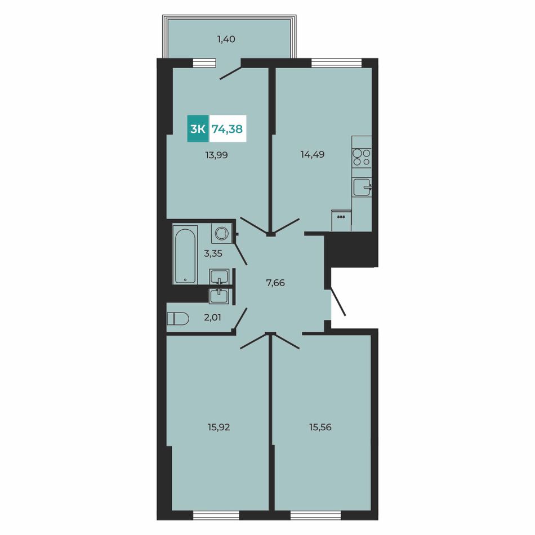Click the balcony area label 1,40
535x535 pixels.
[226, 39]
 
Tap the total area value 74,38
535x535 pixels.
[228, 129]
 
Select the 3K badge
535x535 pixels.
[198, 129]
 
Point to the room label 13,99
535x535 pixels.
[216, 155]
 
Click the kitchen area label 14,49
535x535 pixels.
[313, 154]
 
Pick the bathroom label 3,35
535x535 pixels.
[213, 253]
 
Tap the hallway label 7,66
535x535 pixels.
[275, 283]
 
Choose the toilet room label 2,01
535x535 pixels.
[212, 318]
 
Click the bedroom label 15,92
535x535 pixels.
[219, 427]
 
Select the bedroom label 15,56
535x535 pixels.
[320, 427]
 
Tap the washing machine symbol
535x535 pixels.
[221, 233]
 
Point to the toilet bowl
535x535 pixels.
[178, 319]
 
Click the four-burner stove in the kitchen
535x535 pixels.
[362, 157]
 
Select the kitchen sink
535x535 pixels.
[362, 187]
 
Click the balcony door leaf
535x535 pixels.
[231, 73]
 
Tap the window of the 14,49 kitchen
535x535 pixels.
[336, 63]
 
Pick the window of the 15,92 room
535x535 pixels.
[216, 515]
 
